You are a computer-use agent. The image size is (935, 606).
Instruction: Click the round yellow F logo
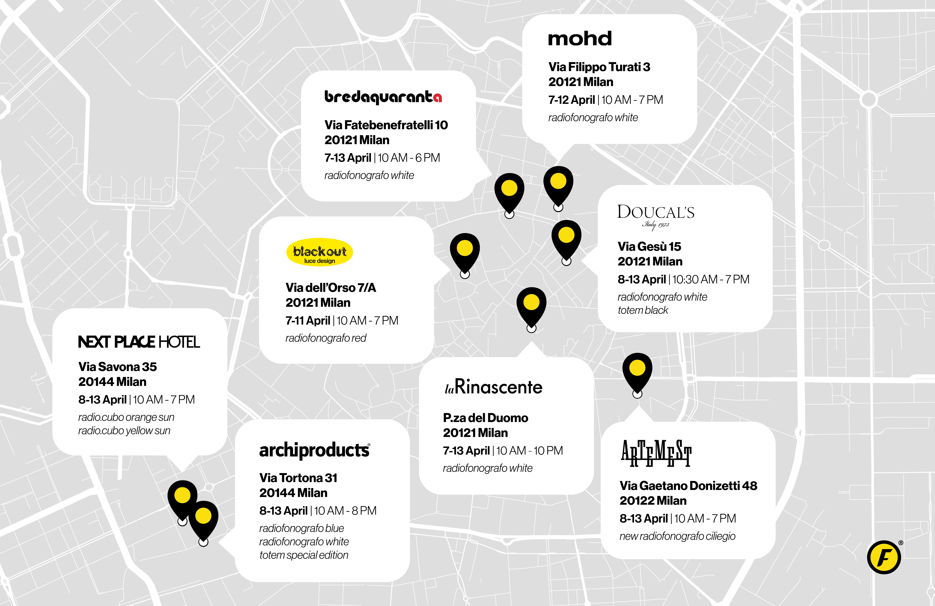pyautogui.click(x=884, y=557)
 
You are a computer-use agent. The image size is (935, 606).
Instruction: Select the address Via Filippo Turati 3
pyautogui.click(x=599, y=67)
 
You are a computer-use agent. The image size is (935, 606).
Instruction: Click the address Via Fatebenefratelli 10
pyautogui.click(x=386, y=125)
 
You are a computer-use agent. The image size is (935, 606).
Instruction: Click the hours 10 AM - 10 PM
pyautogui.click(x=529, y=451)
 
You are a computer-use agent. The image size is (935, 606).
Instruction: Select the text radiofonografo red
pyautogui.click(x=326, y=338)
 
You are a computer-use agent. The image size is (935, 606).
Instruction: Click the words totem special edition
pyautogui.click(x=304, y=555)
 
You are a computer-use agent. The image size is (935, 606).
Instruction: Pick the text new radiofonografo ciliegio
pyautogui.click(x=677, y=536)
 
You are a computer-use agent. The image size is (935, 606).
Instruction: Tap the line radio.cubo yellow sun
pyautogui.click(x=124, y=430)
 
